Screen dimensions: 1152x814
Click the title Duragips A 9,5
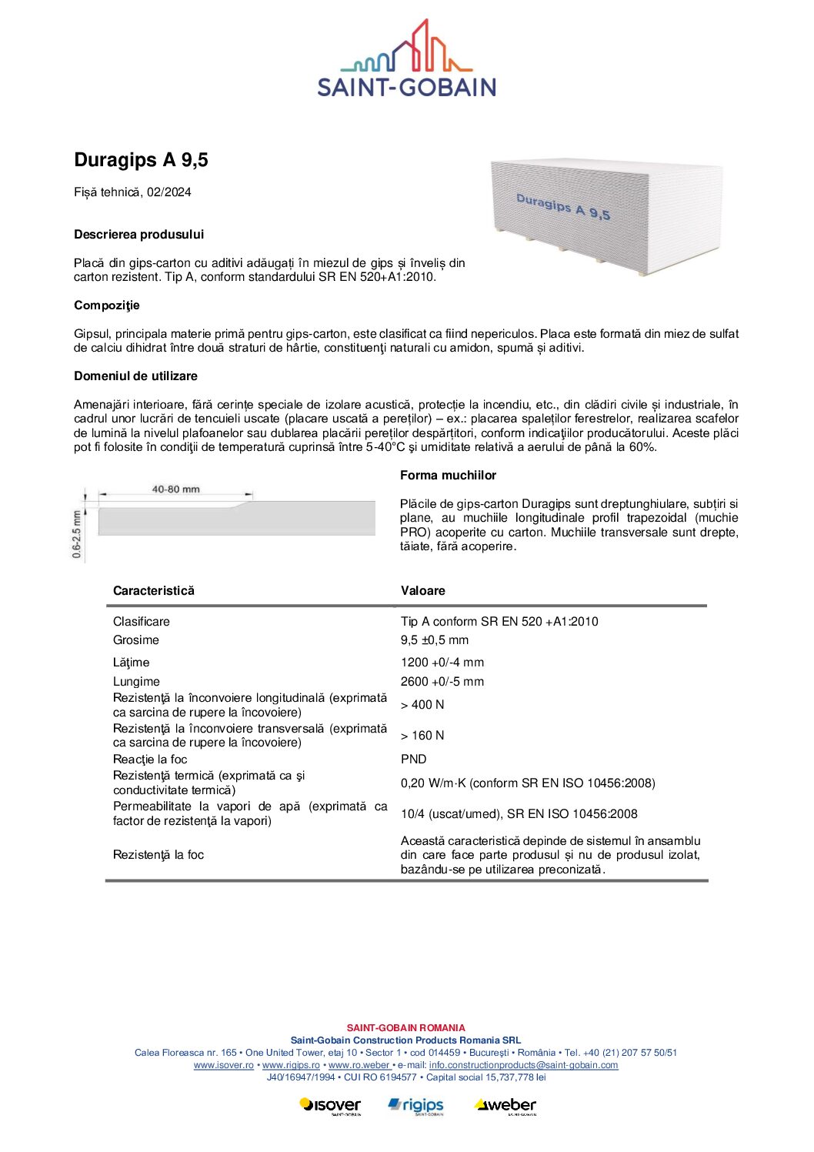[x=141, y=160]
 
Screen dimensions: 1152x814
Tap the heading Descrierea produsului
[x=138, y=235]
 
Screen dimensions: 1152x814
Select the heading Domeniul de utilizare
[x=135, y=376]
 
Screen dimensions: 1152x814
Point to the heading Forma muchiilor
[x=448, y=476]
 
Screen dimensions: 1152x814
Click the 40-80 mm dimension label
[x=175, y=489]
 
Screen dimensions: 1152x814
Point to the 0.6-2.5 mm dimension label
[x=77, y=533]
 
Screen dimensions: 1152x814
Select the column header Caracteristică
[x=154, y=591]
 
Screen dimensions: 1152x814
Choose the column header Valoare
[x=422, y=591]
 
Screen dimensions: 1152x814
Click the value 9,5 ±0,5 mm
[x=434, y=640]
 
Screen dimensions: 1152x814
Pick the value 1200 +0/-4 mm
[x=442, y=663]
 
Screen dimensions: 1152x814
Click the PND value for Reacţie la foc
[x=413, y=760]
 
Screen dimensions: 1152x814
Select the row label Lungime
[x=136, y=682]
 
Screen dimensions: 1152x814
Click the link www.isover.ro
[x=223, y=1065]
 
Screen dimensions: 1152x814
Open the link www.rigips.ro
[x=291, y=1065]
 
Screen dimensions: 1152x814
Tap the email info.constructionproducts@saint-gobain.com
[x=523, y=1065]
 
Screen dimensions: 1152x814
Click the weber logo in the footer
[x=505, y=1106]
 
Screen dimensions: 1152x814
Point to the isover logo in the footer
[x=330, y=1106]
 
